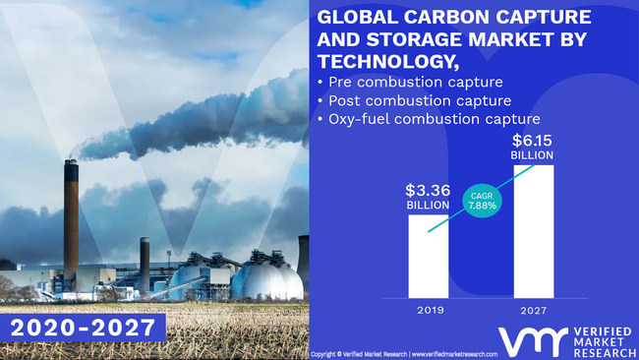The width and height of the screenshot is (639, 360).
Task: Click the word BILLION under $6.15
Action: click(532, 155)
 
